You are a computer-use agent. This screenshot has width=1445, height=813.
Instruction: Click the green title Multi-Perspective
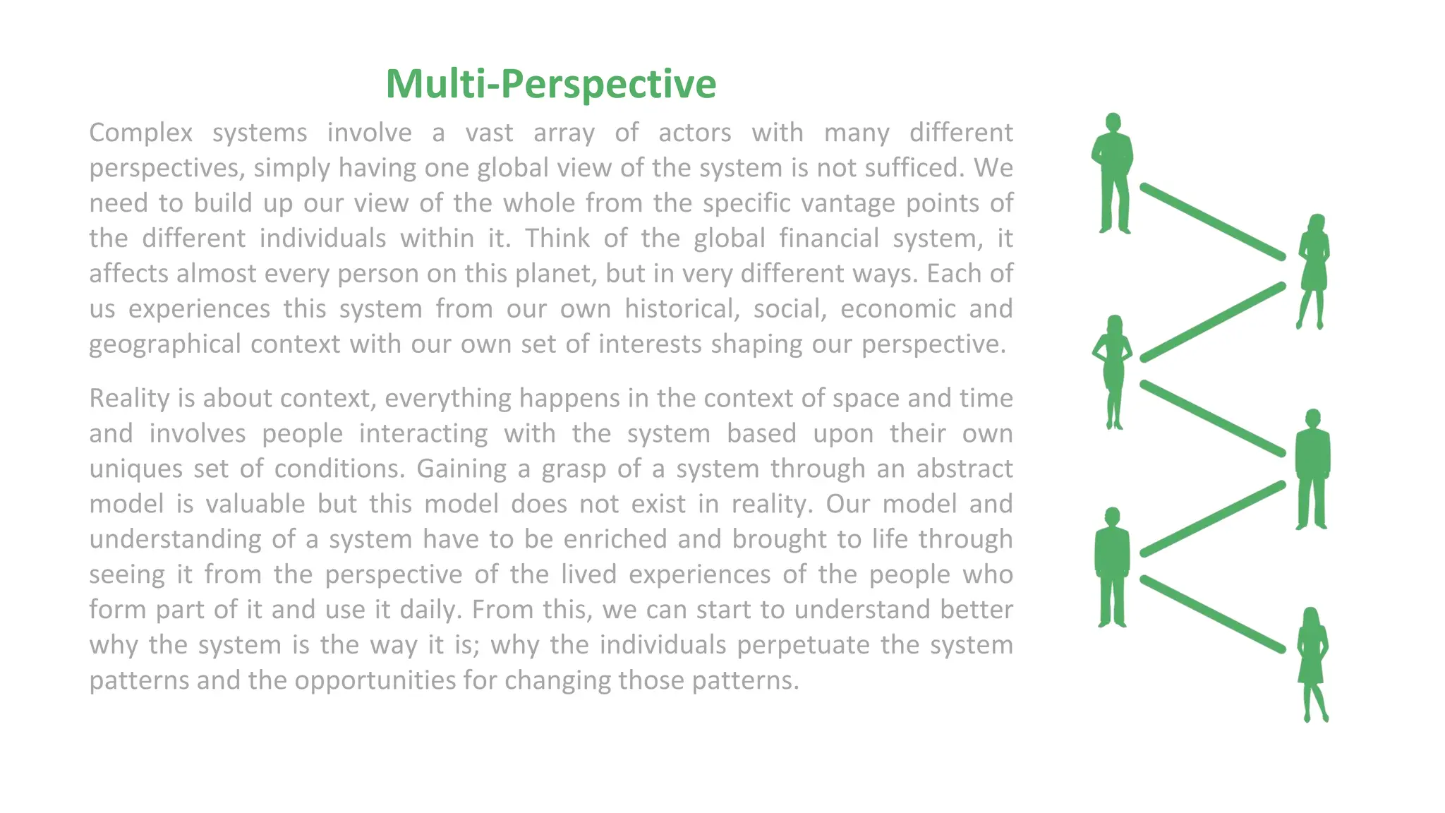tap(550, 84)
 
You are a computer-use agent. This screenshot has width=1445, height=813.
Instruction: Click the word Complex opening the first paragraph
tap(141, 133)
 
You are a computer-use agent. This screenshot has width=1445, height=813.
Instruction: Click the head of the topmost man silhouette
tap(1113, 122)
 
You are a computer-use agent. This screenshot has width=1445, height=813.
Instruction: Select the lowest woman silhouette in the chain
tap(1312, 663)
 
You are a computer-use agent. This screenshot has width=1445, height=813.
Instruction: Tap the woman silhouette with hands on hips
tap(1113, 371)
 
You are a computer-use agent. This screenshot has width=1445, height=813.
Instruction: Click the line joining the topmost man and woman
tap(1212, 222)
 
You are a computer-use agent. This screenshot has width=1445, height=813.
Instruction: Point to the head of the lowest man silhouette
tap(1112, 517)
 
